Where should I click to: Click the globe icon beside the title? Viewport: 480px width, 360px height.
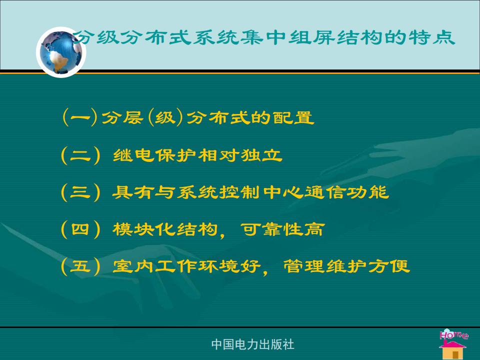pos(61,52)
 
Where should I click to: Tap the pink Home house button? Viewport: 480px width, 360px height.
pos(453,344)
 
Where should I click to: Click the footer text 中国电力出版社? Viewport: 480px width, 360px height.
pos(252,344)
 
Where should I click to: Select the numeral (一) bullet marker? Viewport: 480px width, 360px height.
pos(80,117)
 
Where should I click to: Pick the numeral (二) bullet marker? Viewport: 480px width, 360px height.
pos(80,155)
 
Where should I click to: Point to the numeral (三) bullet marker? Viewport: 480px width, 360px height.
pos(80,192)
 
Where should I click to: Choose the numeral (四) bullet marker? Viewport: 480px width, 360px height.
pos(80,229)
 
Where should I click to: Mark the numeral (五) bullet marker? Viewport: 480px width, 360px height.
pos(80,266)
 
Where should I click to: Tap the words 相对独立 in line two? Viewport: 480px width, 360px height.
pos(240,155)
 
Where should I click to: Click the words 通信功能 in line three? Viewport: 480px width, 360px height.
pos(346,192)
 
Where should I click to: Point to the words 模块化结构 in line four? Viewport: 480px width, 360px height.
pos(165,229)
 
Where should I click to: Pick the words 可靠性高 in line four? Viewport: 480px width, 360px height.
pos(282,229)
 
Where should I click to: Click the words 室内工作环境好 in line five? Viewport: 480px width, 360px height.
pos(186,266)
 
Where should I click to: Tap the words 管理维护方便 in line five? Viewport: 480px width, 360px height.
pos(346,266)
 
